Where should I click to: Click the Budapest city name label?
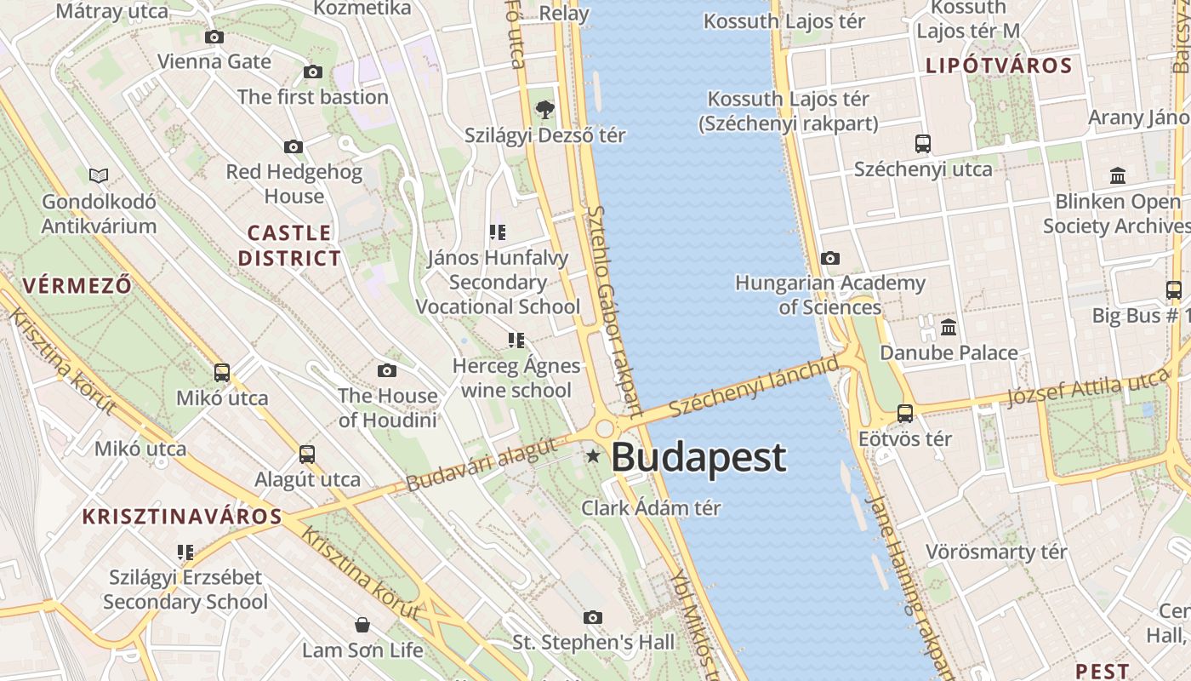(698, 458)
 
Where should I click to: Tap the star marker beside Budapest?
(593, 457)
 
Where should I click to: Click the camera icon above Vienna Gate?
(214, 37)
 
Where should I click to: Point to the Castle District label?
(289, 245)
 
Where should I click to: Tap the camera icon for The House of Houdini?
(387, 370)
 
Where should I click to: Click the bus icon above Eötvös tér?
(905, 414)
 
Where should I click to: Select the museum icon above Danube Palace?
(949, 327)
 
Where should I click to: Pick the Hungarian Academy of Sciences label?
(830, 295)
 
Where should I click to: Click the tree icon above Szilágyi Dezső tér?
(545, 109)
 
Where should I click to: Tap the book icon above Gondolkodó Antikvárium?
(100, 175)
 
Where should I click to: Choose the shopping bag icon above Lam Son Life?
(362, 626)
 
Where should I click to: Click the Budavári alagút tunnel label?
(481, 465)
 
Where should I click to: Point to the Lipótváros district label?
(999, 66)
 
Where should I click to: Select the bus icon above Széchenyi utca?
(923, 143)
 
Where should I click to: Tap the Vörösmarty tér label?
(996, 552)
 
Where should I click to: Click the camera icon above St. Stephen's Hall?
(593, 617)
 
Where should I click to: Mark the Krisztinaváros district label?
(182, 517)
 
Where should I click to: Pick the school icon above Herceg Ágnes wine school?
(516, 340)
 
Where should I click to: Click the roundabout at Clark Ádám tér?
(605, 428)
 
